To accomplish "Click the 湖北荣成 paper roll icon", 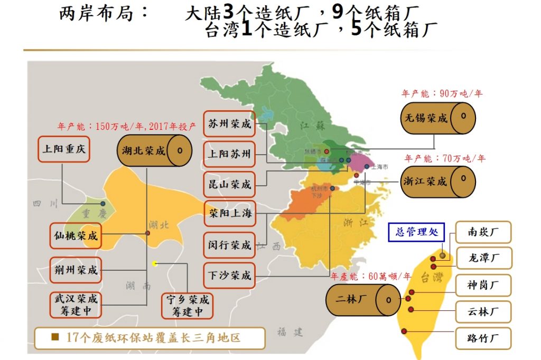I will point(154,150).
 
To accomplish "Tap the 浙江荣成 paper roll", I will point(437,182).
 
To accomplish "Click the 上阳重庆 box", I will point(63,149).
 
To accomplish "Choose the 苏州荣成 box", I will point(229,124).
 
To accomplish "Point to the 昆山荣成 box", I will point(229,185).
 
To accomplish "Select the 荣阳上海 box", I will point(229,214).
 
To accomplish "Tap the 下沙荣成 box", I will point(229,276).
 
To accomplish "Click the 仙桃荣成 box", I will point(76,236).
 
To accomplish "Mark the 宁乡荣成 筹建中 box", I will point(187,306).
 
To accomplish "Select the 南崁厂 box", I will point(483,231).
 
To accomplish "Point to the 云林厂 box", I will point(483,312).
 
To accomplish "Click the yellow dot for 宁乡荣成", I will point(154,263).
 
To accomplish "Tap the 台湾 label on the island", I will point(432,277).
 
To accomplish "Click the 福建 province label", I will point(290,331).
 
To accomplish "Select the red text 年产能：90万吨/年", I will point(442,94).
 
